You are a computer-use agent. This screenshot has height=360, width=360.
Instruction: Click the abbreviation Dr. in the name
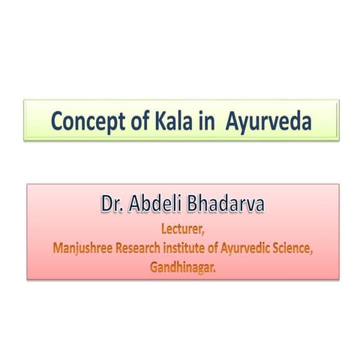(115, 204)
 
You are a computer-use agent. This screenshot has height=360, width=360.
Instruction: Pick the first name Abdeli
(161, 204)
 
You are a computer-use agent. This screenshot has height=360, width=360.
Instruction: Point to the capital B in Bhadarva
(199, 204)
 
